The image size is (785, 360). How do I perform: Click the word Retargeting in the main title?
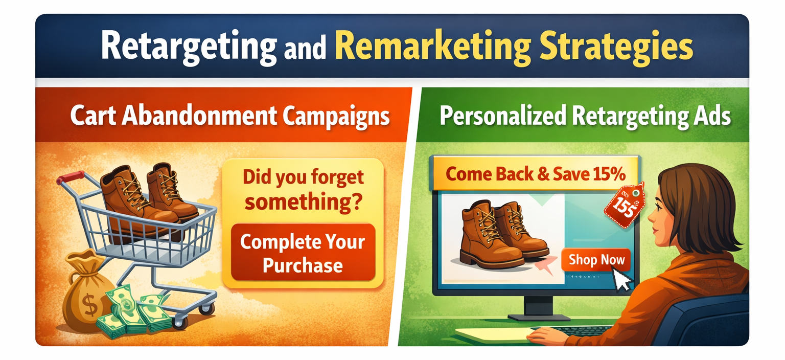click(x=189, y=48)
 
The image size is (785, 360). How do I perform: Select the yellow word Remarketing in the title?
click(x=433, y=48)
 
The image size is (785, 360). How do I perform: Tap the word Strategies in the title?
click(x=616, y=48)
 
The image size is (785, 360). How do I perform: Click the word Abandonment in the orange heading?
click(x=199, y=116)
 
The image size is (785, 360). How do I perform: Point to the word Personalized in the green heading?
click(x=503, y=116)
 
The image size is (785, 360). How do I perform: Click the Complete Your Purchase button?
click(x=303, y=253)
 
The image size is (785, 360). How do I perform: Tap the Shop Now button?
click(x=596, y=260)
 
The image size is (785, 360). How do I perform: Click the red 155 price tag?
click(x=625, y=206)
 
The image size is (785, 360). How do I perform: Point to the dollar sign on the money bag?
click(x=91, y=305)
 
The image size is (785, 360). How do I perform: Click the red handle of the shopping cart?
click(x=72, y=177)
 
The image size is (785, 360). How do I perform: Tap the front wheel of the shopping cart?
click(x=180, y=322)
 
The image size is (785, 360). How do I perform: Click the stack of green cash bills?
click(x=134, y=312)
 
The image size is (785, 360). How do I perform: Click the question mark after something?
click(x=357, y=201)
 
